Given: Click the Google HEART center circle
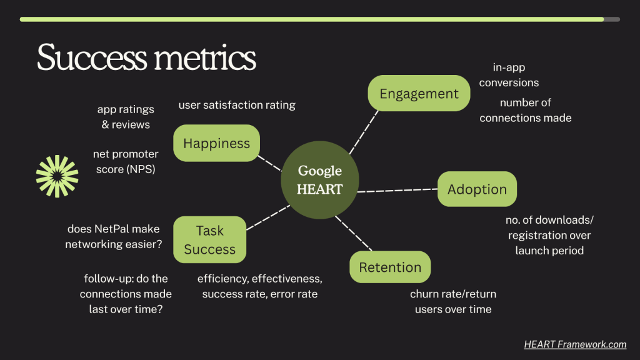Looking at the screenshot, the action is (319, 180).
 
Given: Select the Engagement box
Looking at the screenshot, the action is (419, 93).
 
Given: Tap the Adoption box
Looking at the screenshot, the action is (477, 189).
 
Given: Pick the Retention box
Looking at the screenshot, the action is (390, 267).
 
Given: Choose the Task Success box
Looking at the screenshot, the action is (210, 239).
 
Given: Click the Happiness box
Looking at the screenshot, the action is (216, 143).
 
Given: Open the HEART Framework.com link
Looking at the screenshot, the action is (575, 344).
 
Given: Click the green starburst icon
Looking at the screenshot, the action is (57, 176).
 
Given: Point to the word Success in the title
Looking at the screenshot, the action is (92, 57).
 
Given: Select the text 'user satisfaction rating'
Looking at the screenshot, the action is (237, 105).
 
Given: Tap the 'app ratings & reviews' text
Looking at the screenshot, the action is (126, 117).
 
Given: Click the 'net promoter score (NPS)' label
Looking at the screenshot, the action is (126, 161).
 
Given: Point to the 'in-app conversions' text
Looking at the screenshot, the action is (509, 75).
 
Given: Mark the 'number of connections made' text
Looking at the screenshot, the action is (525, 110).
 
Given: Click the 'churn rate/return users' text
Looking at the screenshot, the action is (453, 302).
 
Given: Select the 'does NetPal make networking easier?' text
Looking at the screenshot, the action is (114, 236).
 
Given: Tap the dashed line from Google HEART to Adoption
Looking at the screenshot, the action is (397, 190).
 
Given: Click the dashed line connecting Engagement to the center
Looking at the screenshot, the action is (364, 132).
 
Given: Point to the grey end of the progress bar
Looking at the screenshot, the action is (612, 19).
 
